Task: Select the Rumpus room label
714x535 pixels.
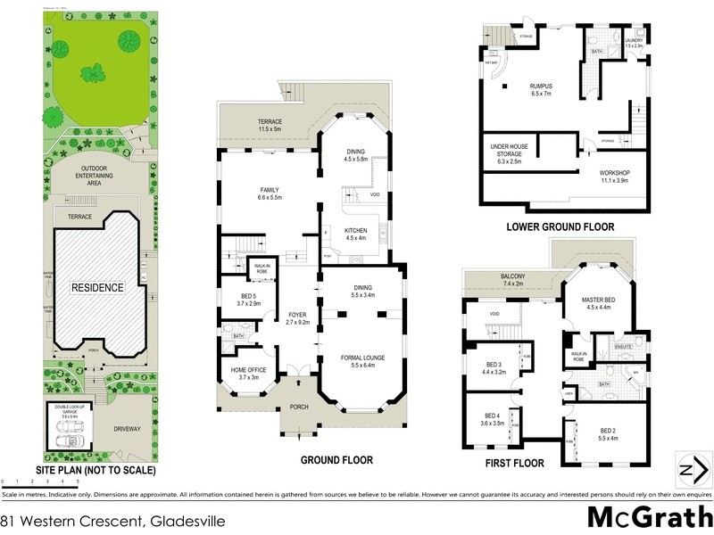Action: pyautogui.click(x=542, y=89)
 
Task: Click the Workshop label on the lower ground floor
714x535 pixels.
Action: pyautogui.click(x=615, y=175)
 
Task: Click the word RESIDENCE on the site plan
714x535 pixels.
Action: pyautogui.click(x=99, y=287)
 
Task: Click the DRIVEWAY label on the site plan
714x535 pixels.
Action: pyautogui.click(x=132, y=429)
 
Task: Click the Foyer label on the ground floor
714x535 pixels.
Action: pyautogui.click(x=297, y=318)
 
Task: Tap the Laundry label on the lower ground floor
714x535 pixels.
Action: pyautogui.click(x=635, y=44)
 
